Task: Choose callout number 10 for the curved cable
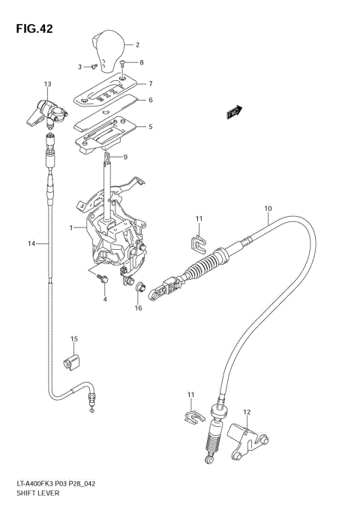click(x=267, y=208)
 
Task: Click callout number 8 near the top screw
click(x=142, y=62)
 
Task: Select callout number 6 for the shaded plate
click(x=150, y=101)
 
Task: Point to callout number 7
click(x=150, y=83)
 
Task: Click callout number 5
click(x=150, y=126)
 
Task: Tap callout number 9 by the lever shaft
click(x=125, y=157)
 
